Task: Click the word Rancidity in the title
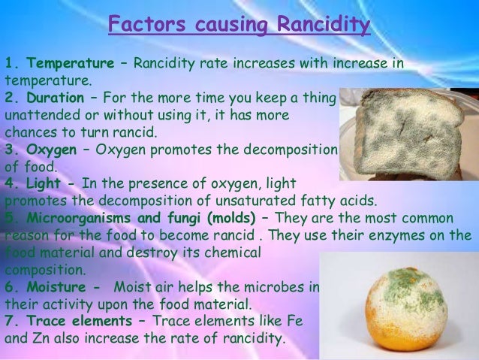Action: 324,26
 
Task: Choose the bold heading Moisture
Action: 59,287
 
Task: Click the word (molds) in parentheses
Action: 229,218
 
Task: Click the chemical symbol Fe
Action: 294,322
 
